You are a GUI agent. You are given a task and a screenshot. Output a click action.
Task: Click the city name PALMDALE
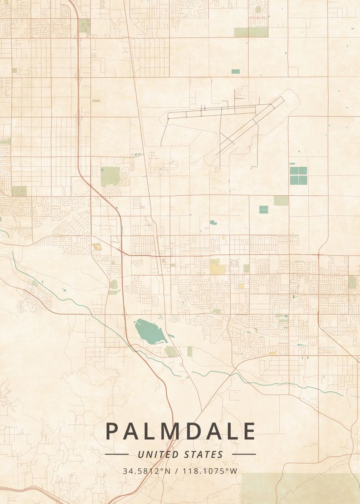[x=180, y=431]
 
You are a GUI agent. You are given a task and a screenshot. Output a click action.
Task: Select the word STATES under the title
[x=204, y=454]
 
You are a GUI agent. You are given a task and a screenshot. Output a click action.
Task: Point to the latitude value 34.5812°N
[x=147, y=471]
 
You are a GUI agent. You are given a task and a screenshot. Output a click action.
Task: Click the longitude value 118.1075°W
[x=210, y=471]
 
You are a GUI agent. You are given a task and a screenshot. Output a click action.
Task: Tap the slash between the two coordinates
[x=176, y=471]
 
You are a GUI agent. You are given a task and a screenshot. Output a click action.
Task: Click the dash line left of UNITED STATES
[x=117, y=454]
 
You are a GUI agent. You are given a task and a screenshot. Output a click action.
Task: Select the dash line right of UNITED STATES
[x=244, y=454]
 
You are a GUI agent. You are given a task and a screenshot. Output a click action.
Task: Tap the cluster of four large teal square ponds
[x=298, y=176]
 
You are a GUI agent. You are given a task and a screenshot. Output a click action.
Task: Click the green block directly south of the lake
[x=171, y=351]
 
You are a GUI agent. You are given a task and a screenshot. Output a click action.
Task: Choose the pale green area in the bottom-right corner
[x=301, y=488]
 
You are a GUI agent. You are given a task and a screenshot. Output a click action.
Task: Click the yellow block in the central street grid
[x=215, y=265]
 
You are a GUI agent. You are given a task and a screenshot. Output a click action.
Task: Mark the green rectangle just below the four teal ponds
[x=281, y=200]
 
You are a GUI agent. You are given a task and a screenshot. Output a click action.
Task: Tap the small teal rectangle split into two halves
[x=263, y=209]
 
